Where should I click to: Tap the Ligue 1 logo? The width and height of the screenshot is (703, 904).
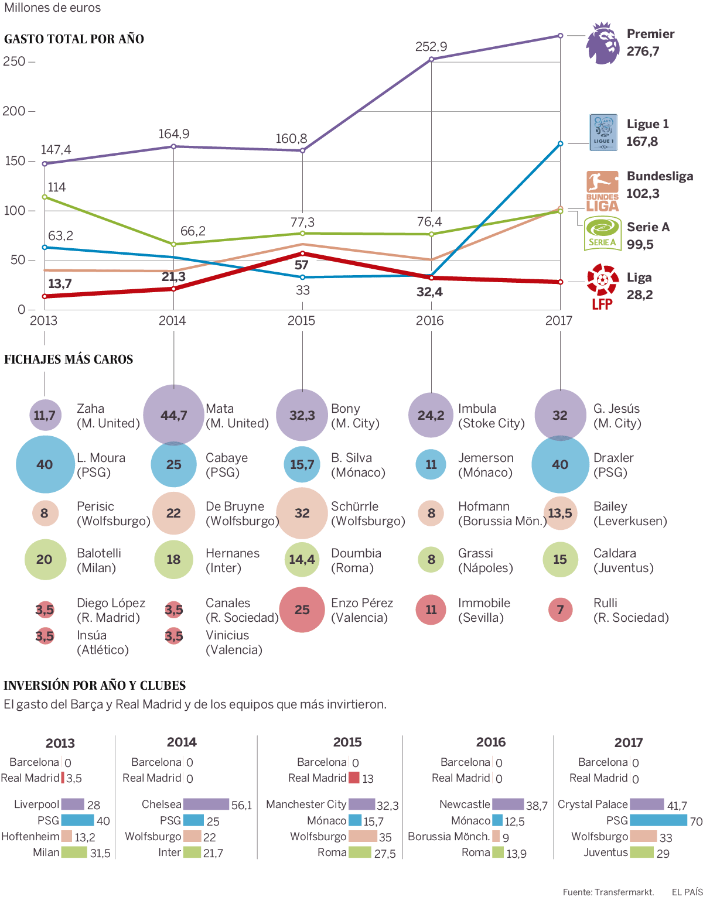click(603, 132)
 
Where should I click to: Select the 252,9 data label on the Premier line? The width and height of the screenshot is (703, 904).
click(431, 47)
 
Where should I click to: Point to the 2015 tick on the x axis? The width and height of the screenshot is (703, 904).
click(301, 321)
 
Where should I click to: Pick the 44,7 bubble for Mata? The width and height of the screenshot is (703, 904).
click(173, 415)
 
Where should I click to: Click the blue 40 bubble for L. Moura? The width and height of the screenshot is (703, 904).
click(45, 464)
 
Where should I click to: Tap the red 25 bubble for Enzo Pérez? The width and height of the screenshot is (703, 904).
click(302, 609)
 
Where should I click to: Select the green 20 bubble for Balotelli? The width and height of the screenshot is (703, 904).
click(45, 559)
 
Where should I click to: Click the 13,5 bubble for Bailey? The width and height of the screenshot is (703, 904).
click(560, 513)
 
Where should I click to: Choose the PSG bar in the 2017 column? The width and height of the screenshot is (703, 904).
click(658, 820)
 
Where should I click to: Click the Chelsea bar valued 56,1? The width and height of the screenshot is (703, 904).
click(206, 804)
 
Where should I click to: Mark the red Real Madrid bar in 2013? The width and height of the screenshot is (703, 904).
click(63, 778)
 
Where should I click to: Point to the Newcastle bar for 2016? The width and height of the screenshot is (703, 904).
click(508, 804)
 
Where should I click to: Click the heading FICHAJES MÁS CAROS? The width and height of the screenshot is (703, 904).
click(69, 359)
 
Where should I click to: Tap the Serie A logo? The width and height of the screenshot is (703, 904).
click(603, 234)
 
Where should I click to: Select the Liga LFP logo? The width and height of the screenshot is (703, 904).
click(602, 286)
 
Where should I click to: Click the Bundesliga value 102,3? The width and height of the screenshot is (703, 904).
click(643, 194)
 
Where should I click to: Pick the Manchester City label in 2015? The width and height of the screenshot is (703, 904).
click(306, 804)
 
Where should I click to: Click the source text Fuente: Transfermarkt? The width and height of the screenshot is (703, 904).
click(608, 892)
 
